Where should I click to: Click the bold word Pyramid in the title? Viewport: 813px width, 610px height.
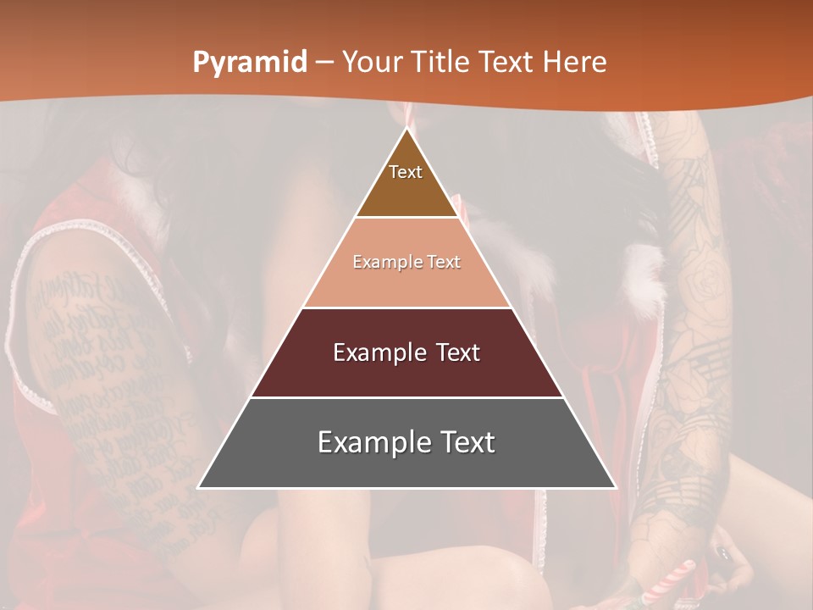pos(250,63)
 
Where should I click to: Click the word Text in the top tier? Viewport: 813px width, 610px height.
pos(406,172)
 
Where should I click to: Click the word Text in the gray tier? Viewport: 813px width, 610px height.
pos(462,442)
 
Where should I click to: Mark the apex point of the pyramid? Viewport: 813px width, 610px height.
pos(407,129)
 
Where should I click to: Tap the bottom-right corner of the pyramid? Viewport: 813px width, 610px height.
pos(615,487)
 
